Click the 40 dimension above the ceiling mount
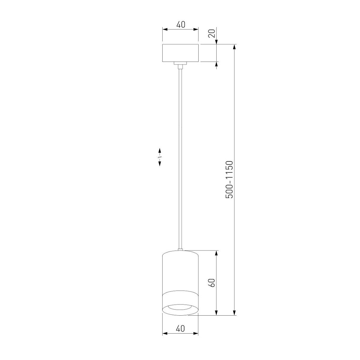tap(180, 24)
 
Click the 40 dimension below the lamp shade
tap(180, 328)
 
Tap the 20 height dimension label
tap(212, 33)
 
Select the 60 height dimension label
tap(212, 283)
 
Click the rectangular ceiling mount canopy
tap(180, 53)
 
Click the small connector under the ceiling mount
tap(180, 64)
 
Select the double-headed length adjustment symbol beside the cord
tap(160, 157)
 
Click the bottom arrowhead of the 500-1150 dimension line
tap(234, 313)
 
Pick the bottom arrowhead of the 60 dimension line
tap(216, 313)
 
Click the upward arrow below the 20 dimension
tap(217, 65)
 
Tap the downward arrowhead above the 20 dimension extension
tap(217, 42)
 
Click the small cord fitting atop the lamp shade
tap(180, 249)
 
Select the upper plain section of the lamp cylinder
tap(180, 271)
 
